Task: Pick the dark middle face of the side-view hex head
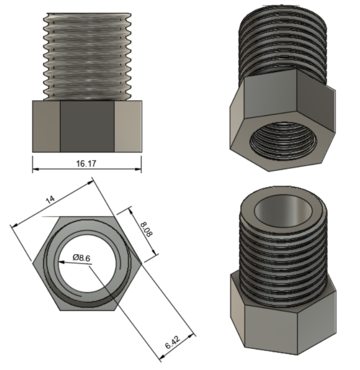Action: [87, 126]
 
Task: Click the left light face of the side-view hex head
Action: [46, 126]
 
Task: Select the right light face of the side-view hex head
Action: [128, 126]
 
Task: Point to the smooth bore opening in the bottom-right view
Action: [282, 212]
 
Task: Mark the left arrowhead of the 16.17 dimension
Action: [35, 170]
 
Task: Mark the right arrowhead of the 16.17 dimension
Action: [139, 170]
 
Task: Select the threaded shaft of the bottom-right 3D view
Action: [281, 257]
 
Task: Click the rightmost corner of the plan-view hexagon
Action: [140, 262]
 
